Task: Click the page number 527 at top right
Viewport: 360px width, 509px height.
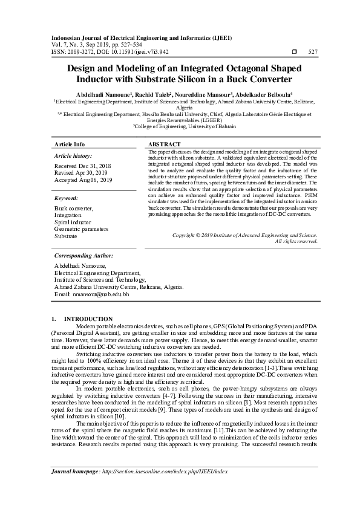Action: click(313, 52)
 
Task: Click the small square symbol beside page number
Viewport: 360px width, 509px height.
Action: click(295, 52)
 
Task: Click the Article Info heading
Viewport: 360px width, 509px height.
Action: click(70, 144)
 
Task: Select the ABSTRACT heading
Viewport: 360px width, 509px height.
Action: click(164, 144)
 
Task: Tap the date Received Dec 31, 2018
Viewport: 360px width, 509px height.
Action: click(83, 166)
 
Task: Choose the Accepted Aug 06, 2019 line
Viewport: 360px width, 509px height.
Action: click(83, 180)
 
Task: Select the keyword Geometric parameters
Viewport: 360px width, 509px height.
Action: click(81, 230)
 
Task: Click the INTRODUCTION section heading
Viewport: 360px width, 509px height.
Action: click(88, 319)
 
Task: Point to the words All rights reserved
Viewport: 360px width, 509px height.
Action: click(296, 241)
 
